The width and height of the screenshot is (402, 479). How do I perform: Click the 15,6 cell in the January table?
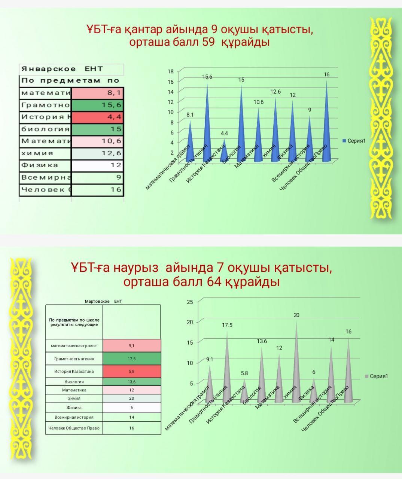(x=97, y=105)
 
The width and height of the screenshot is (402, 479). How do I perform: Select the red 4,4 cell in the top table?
(x=97, y=117)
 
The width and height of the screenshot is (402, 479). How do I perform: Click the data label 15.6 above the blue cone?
(x=207, y=77)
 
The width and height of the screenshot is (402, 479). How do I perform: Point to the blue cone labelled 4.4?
(x=224, y=152)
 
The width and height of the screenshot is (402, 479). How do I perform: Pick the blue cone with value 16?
(x=326, y=123)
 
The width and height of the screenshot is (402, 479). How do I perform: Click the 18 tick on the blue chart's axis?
(x=170, y=71)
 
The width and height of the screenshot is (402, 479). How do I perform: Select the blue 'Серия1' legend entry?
(x=354, y=141)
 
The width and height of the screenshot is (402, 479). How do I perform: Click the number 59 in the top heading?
(x=208, y=42)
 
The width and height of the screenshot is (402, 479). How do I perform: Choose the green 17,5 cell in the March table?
(x=132, y=359)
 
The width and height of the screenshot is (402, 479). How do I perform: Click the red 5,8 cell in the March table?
(x=132, y=371)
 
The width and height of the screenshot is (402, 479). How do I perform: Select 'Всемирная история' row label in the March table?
(x=74, y=417)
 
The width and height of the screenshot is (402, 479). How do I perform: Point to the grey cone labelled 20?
(x=296, y=363)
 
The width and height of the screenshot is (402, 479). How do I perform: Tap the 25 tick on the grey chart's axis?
(x=190, y=302)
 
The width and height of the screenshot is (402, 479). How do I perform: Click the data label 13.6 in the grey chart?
(x=262, y=341)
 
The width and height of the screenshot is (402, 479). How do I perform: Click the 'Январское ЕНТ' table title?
(x=62, y=69)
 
